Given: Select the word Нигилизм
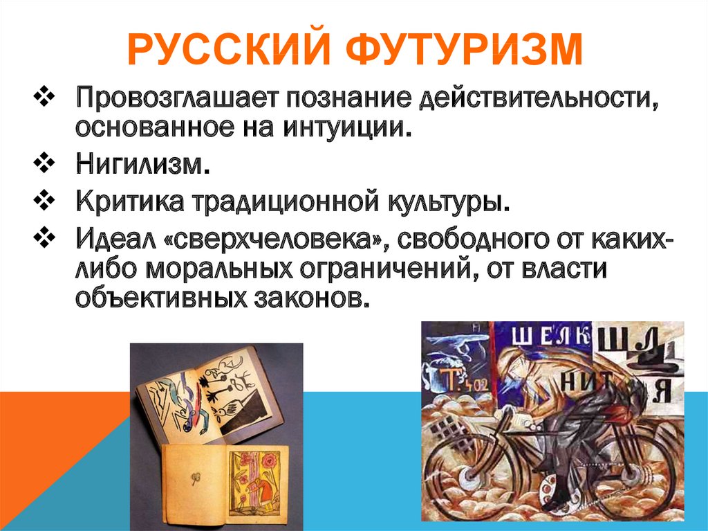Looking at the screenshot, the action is click(142, 163).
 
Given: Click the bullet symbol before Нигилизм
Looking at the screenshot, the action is click(44, 163).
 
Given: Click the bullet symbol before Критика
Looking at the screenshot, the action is click(44, 201).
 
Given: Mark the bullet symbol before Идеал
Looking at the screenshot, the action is click(44, 238).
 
